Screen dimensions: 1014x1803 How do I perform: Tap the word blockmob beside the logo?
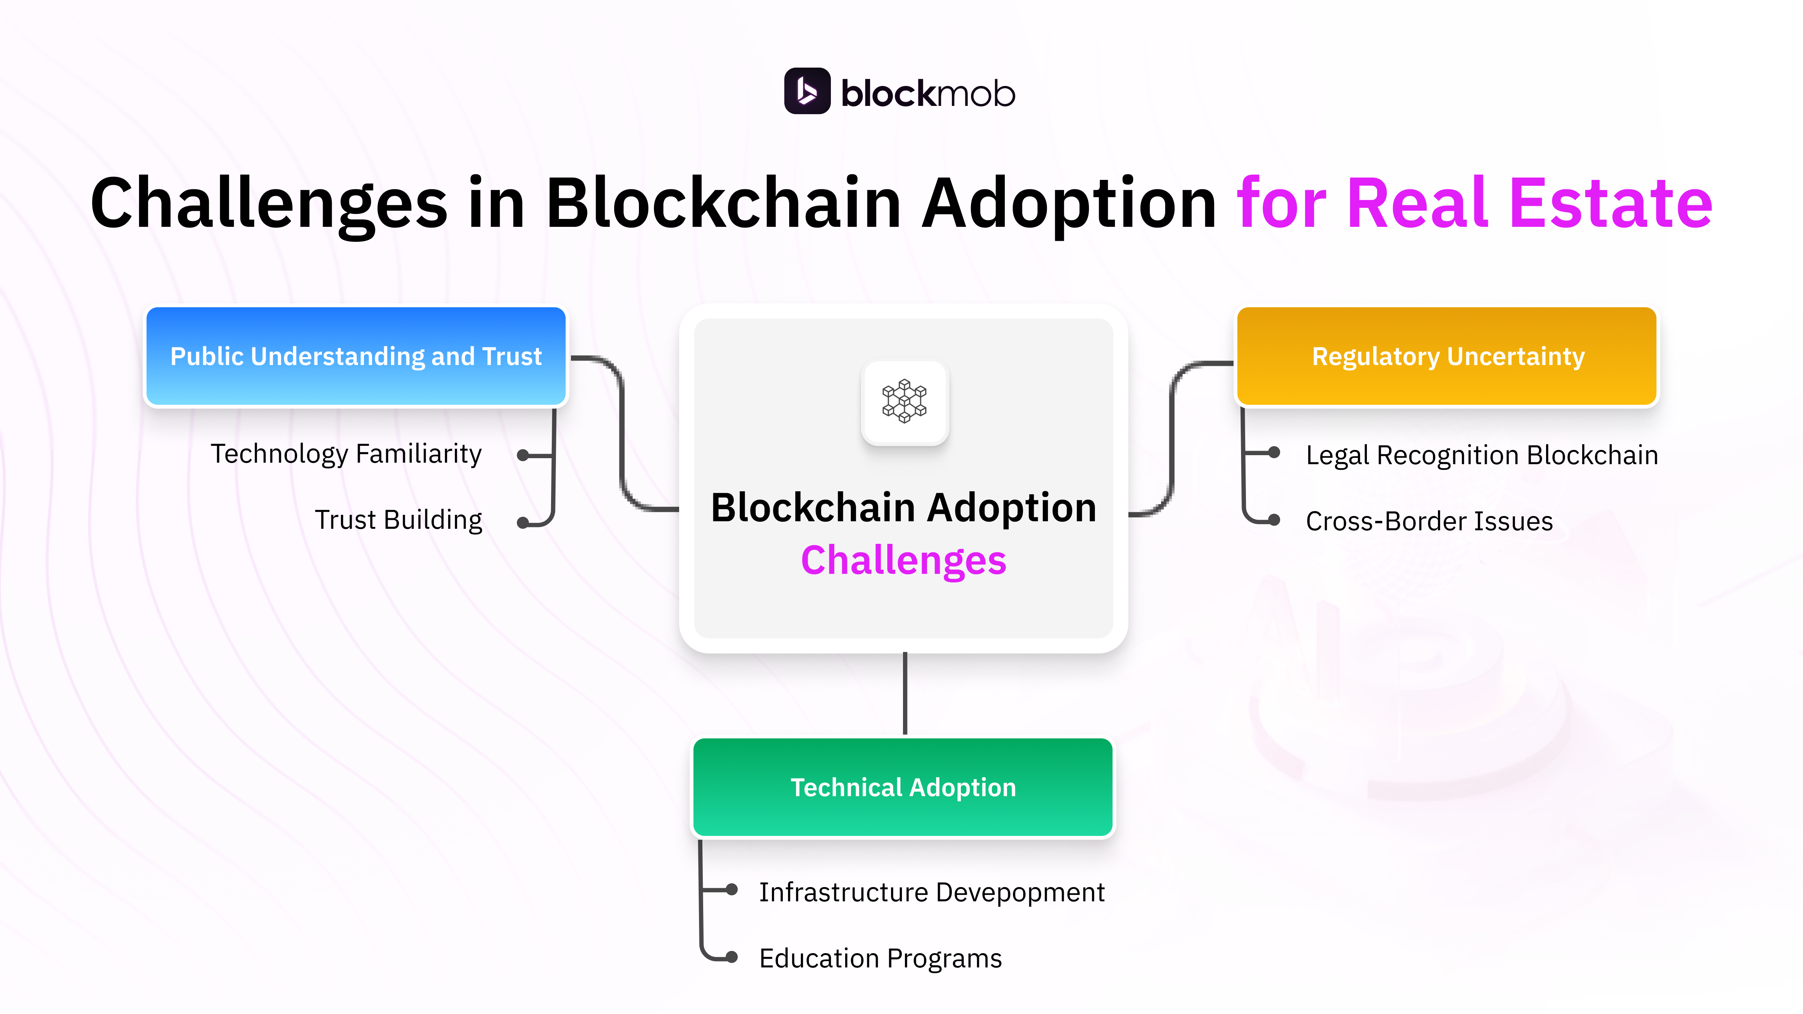(x=927, y=94)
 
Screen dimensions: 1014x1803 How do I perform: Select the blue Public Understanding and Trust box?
(x=356, y=356)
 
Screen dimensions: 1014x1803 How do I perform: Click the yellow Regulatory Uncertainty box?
(x=1447, y=356)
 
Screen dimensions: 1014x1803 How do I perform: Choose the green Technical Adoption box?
(x=903, y=787)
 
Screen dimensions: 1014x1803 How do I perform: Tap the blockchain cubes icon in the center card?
(x=904, y=402)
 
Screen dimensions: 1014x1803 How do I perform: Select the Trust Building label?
(x=398, y=520)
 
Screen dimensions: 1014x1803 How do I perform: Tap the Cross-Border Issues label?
(x=1429, y=521)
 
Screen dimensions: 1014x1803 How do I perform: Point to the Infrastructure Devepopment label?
(x=932, y=892)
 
